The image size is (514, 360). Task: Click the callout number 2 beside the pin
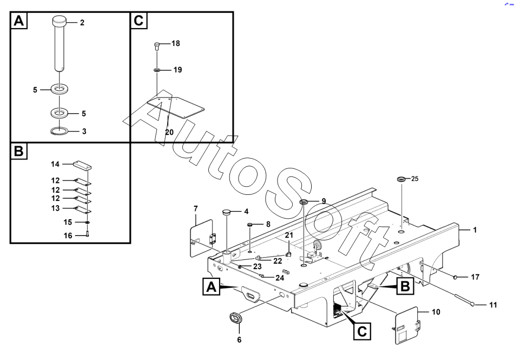[x=82, y=23]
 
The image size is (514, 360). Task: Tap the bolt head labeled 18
[x=156, y=45]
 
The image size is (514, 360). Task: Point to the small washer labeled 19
[x=156, y=70]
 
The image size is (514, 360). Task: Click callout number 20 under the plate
[x=169, y=132]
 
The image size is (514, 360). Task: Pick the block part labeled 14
[x=82, y=164]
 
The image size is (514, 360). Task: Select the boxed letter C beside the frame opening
[x=363, y=331]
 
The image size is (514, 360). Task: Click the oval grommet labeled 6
[x=236, y=318]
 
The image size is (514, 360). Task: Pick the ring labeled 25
[x=401, y=179]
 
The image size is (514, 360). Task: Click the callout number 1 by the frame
[x=475, y=230]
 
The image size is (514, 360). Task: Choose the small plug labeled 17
[x=456, y=277]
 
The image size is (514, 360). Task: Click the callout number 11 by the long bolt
[x=492, y=305]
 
